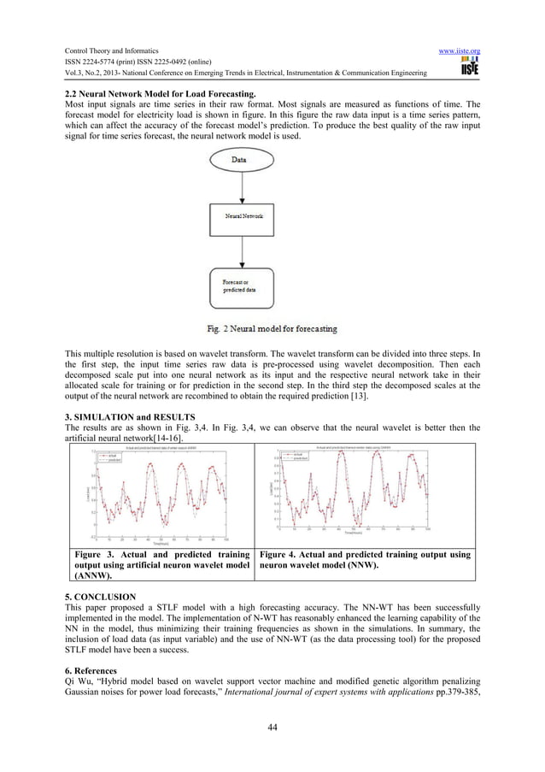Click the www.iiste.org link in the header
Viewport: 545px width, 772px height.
click(x=459, y=51)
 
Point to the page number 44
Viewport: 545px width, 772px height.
click(x=272, y=728)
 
